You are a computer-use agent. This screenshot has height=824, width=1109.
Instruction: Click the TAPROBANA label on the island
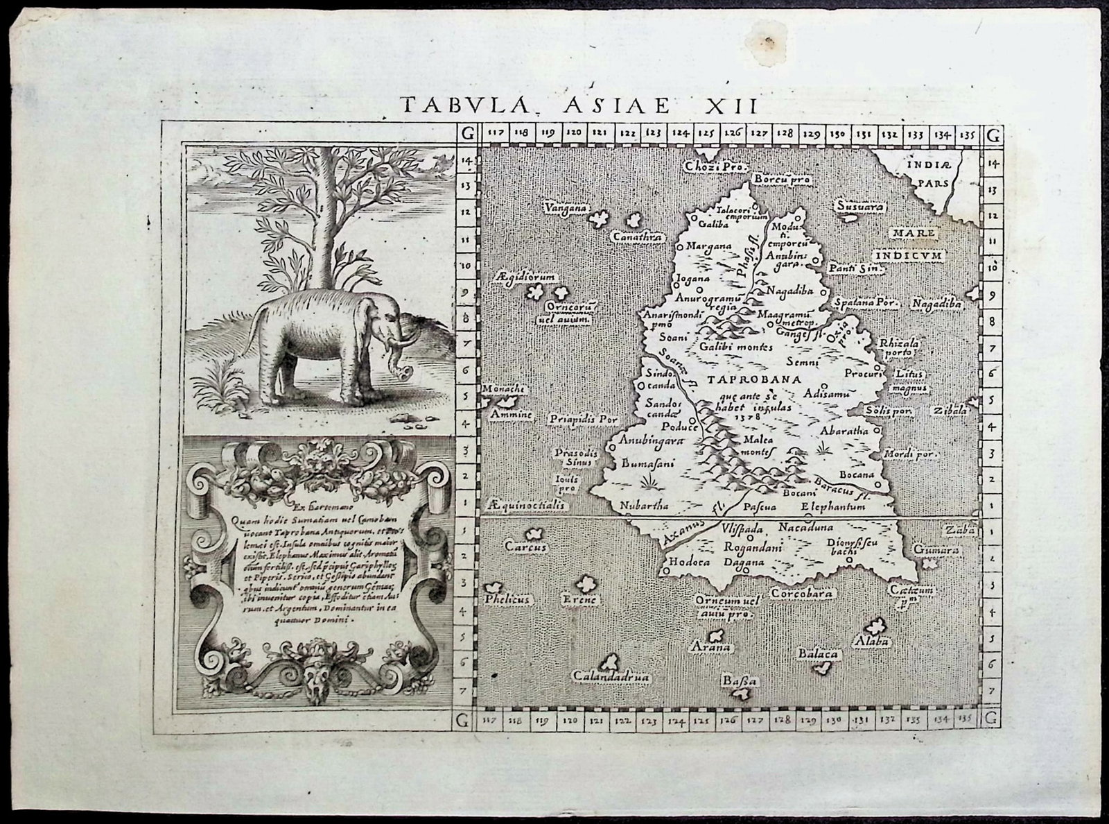point(755,380)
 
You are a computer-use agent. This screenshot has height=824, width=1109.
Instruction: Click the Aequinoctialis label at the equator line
point(527,506)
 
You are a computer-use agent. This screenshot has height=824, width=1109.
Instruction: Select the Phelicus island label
point(507,598)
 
